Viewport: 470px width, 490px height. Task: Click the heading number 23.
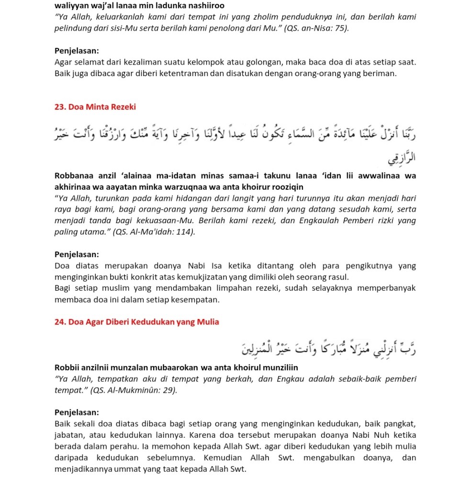[x=60, y=107]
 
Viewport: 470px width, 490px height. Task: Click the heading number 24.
[x=60, y=322]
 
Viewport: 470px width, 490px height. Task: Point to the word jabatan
[x=69, y=435]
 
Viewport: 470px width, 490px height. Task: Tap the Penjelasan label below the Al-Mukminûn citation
[x=77, y=412]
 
